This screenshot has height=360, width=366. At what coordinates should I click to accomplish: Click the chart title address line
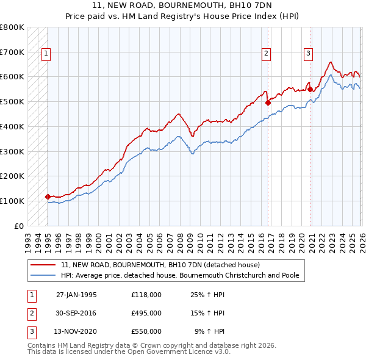[x=183, y=5]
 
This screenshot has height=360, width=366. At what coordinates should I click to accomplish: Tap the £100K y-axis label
[x=12, y=201]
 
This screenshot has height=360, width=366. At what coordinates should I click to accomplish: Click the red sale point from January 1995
[x=48, y=196]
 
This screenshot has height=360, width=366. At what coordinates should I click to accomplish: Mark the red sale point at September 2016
[x=268, y=103]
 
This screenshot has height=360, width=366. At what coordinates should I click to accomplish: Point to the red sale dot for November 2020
[x=310, y=89]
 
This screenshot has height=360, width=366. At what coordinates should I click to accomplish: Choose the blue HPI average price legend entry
[x=179, y=276]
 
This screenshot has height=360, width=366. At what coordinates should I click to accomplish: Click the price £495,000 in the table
[x=146, y=313]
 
